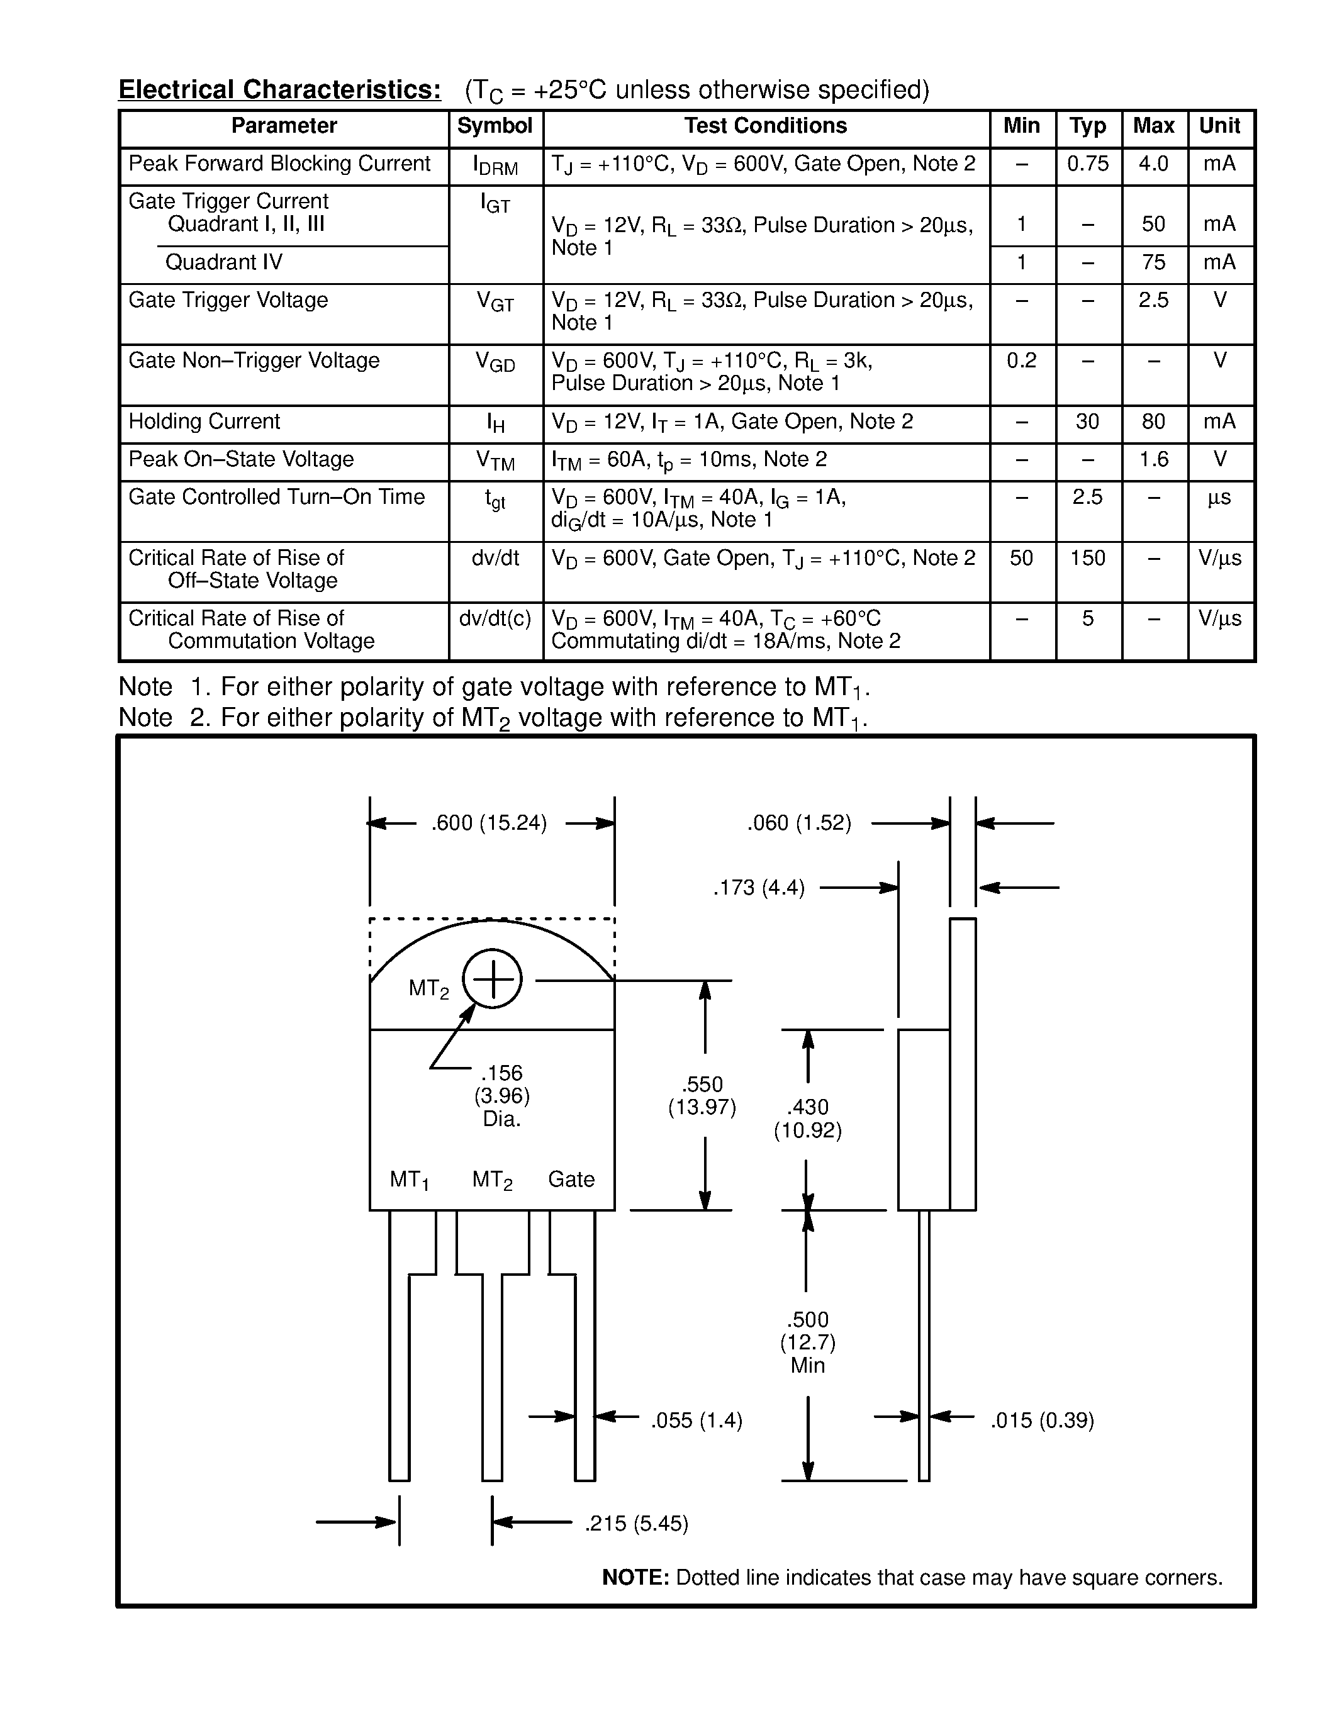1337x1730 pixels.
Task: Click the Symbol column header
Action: point(495,126)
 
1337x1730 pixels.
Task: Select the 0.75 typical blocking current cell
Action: point(1087,164)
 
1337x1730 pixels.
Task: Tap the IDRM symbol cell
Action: point(495,165)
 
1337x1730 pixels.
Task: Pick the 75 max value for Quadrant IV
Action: point(1153,262)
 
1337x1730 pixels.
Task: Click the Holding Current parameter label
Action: point(204,421)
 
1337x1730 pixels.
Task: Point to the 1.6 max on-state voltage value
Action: point(1153,459)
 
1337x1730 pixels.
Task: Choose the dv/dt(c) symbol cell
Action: point(495,618)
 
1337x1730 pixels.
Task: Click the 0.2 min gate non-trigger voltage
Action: point(1021,361)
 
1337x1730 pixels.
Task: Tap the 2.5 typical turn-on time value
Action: point(1087,498)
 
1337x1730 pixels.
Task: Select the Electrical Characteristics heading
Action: point(279,89)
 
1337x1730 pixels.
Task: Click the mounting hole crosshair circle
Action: point(492,979)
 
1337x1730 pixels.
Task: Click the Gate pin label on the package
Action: point(571,1180)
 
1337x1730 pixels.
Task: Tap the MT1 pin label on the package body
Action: point(409,1180)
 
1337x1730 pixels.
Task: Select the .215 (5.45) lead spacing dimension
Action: point(636,1523)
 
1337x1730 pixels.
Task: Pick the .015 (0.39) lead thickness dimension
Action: point(1041,1420)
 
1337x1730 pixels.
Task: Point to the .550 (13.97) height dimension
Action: point(702,1095)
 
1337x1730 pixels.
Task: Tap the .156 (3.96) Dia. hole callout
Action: point(501,1095)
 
